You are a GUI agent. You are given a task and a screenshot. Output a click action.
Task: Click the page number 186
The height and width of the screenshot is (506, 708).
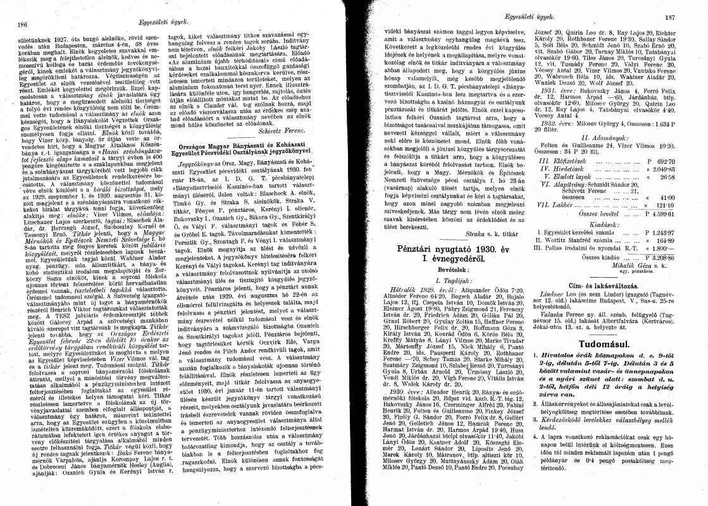(21, 25)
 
